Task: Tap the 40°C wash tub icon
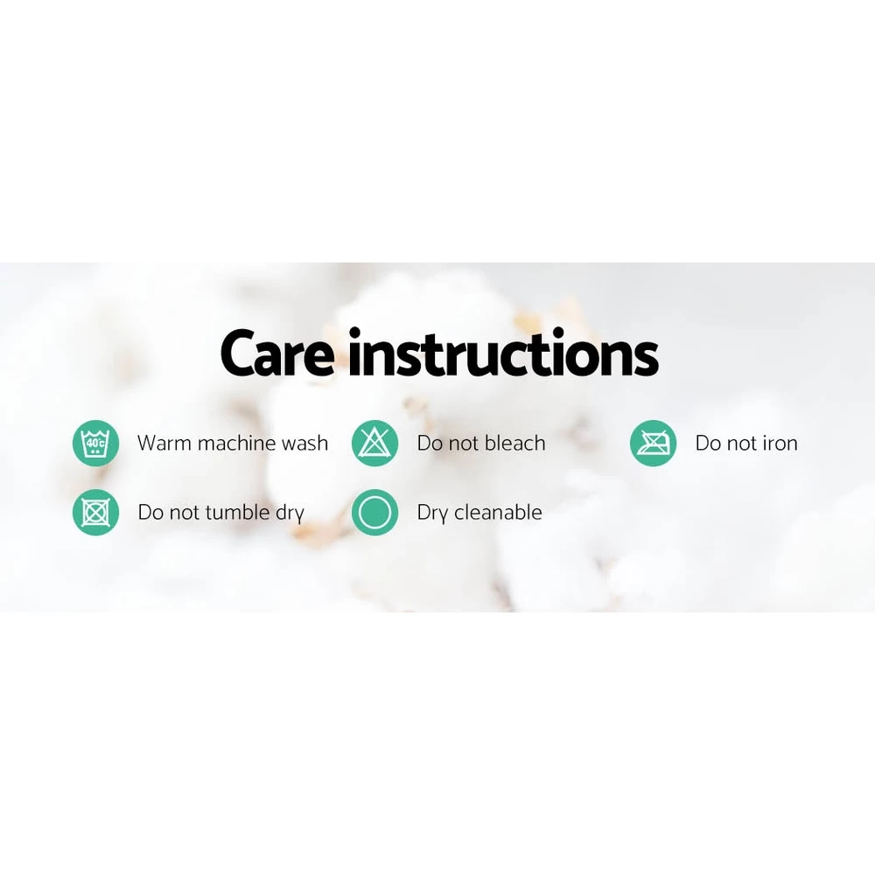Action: [x=96, y=443]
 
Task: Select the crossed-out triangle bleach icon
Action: [x=375, y=443]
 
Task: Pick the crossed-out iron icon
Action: [x=654, y=443]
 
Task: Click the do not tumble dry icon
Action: [x=96, y=512]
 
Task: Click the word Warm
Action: [x=164, y=443]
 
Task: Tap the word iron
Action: [x=780, y=443]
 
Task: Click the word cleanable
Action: [x=498, y=512]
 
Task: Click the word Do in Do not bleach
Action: [x=430, y=443]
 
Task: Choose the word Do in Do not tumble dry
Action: [x=150, y=512]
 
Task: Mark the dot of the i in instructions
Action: [x=354, y=332]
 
